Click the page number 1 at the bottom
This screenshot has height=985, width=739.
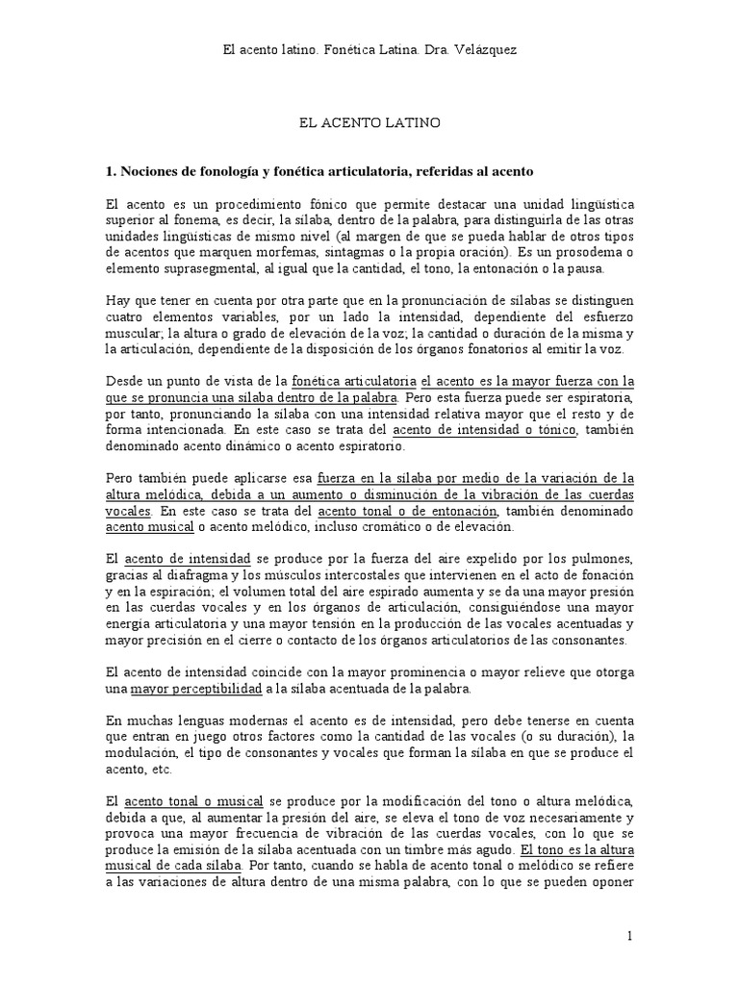[628, 936]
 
